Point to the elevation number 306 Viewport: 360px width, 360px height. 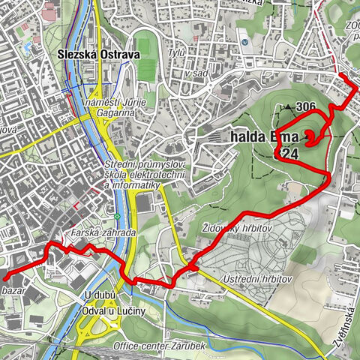[305, 106]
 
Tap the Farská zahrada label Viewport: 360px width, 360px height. [103, 233]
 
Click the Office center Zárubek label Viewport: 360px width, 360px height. [160, 346]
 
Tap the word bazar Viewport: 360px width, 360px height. [15, 289]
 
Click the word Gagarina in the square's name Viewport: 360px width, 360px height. [112, 111]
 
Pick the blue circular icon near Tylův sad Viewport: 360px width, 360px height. [244, 42]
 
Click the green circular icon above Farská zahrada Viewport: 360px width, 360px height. [117, 217]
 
